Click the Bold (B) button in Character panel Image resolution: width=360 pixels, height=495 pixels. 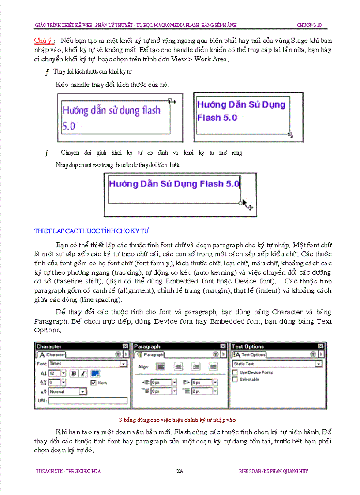click(74, 373)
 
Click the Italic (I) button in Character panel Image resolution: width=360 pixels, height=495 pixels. click(83, 373)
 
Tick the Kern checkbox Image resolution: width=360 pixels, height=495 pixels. click(93, 383)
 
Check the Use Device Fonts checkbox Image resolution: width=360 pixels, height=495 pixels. click(235, 372)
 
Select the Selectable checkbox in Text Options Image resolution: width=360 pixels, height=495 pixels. click(235, 380)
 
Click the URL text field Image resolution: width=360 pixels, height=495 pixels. click(88, 401)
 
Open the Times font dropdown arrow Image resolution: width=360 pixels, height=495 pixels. click(124, 364)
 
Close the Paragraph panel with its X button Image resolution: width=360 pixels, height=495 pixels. click(223, 346)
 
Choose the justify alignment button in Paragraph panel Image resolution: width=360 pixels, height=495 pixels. click(214, 366)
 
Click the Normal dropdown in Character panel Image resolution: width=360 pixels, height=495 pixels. click(67, 391)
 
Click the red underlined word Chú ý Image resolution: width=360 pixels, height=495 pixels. click(44, 41)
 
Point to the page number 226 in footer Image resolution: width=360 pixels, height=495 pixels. click(180, 471)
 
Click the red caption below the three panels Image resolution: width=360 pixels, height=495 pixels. click(180, 420)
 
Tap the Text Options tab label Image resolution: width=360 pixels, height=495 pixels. click(253, 355)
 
